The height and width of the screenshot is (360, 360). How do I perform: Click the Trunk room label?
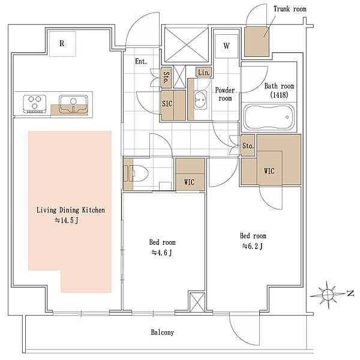point(290,9)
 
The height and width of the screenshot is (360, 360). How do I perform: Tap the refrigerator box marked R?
point(62,44)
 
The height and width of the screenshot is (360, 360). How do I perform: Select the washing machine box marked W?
point(226,46)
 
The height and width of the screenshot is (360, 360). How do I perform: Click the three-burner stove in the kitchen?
point(35,104)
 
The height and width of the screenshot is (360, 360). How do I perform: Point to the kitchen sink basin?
point(73,104)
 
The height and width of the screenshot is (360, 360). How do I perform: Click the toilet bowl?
point(140,174)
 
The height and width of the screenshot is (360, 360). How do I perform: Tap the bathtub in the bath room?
point(269,118)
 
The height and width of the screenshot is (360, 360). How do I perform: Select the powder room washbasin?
point(200,100)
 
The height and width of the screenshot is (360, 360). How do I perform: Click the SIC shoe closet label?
point(167,104)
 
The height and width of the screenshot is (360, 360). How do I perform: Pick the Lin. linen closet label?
point(204,73)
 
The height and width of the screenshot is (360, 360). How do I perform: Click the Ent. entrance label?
point(141,61)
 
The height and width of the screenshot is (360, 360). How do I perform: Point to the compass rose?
point(328,295)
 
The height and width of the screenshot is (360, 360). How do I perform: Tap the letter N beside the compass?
point(350,293)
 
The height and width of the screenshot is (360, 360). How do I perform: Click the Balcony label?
point(163,332)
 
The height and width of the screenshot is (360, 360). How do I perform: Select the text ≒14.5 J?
point(67,220)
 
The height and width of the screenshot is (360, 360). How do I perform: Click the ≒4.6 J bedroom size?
point(161,253)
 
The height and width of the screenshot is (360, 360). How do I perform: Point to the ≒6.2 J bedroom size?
point(253,246)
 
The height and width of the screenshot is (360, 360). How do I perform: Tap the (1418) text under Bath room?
point(279,95)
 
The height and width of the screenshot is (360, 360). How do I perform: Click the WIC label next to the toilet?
point(189,182)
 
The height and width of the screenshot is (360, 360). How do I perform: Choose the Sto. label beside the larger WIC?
point(248,146)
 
